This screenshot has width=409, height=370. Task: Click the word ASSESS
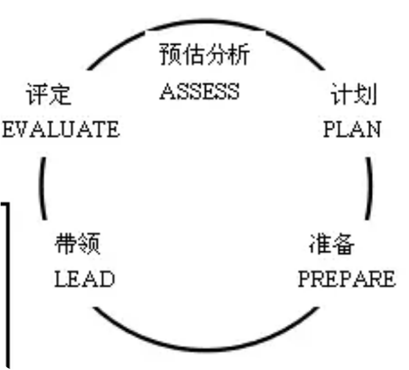click(x=200, y=91)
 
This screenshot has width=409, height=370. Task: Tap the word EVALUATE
click(x=61, y=129)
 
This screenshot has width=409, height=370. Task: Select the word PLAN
click(x=352, y=129)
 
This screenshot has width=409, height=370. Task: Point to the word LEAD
click(x=84, y=279)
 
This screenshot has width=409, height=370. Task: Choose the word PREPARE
click(x=347, y=279)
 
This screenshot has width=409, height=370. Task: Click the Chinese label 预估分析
click(x=204, y=54)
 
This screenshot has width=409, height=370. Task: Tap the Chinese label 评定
click(x=48, y=94)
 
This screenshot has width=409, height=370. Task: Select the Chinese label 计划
click(x=354, y=94)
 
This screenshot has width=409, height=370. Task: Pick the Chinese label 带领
click(x=78, y=244)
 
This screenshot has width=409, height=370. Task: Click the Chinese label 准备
click(x=332, y=244)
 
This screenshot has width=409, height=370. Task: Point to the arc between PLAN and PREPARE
click(x=370, y=188)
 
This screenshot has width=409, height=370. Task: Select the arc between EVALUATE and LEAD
click(x=42, y=188)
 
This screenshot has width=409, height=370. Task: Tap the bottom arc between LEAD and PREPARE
click(x=206, y=349)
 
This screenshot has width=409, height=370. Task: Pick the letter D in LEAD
click(x=107, y=279)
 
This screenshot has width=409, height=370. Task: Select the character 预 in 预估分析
click(x=170, y=54)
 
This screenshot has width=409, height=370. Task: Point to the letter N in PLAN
click(x=373, y=129)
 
